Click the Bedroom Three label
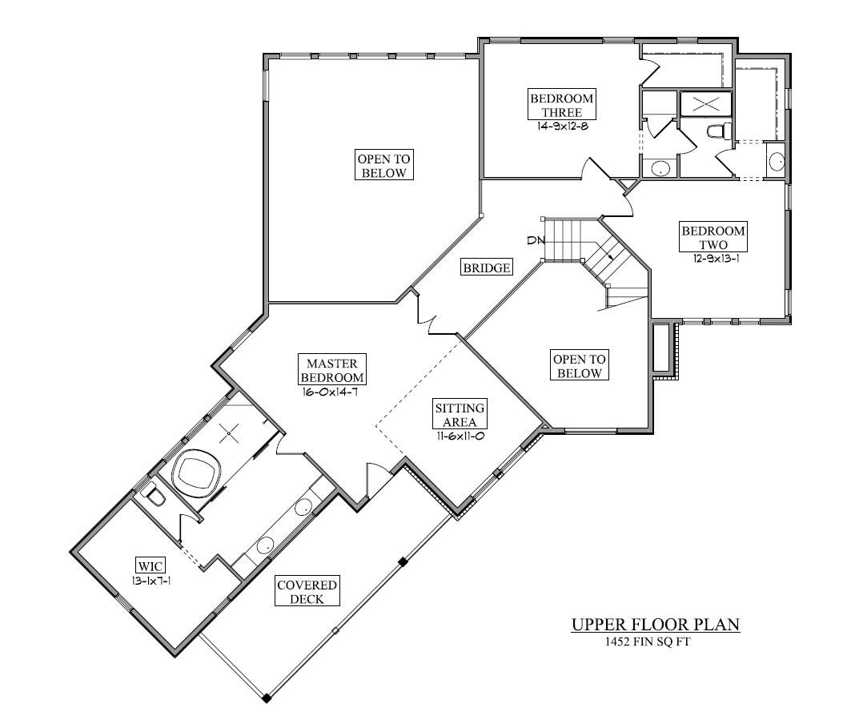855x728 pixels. [x=562, y=105]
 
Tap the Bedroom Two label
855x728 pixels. [x=713, y=237]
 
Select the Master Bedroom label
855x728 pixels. [x=332, y=370]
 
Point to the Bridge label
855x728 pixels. [x=487, y=267]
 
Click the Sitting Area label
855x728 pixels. [x=460, y=414]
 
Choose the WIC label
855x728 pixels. [x=150, y=565]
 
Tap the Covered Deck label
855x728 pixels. [x=307, y=591]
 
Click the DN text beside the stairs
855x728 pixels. [x=536, y=240]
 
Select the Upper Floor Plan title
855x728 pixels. [x=656, y=624]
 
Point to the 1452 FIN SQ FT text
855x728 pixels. [x=647, y=642]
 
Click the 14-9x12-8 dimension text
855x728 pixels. [x=562, y=127]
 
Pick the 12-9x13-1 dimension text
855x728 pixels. [x=716, y=259]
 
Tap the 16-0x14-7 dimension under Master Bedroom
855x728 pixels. [x=331, y=392]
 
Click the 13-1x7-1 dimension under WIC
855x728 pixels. [x=151, y=581]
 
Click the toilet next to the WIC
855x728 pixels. [x=154, y=496]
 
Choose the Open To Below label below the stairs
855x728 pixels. [x=579, y=366]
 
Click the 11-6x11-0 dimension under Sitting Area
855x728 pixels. [x=460, y=436]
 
